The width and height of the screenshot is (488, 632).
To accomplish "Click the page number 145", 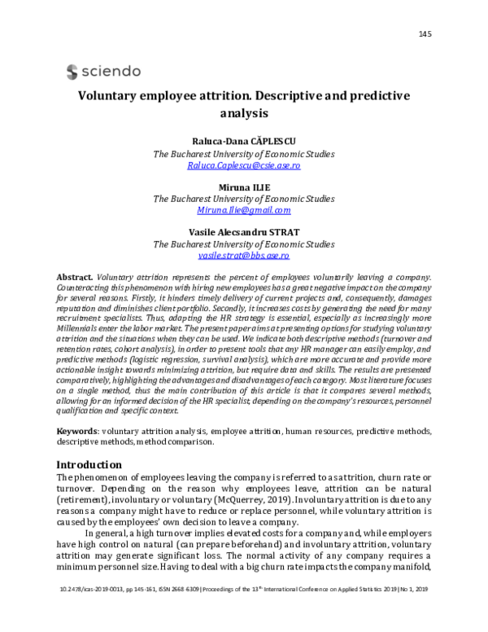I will pyautogui.click(x=425, y=33).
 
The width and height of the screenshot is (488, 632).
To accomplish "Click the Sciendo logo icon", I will pyautogui.click(x=72, y=70).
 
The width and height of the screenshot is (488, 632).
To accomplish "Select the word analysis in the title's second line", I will pyautogui.click(x=243, y=114).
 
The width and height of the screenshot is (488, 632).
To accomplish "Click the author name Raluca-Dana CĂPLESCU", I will pyautogui.click(x=243, y=141).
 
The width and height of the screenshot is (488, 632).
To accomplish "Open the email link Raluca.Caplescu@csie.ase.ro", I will pyautogui.click(x=243, y=165).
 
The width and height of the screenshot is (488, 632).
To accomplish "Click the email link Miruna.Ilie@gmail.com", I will pyautogui.click(x=243, y=210).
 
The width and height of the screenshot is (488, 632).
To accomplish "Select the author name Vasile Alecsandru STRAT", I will pyautogui.click(x=243, y=231).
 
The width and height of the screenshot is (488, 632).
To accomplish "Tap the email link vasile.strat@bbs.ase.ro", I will pyautogui.click(x=243, y=255).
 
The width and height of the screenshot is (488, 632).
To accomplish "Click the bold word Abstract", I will pyautogui.click(x=77, y=278).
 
